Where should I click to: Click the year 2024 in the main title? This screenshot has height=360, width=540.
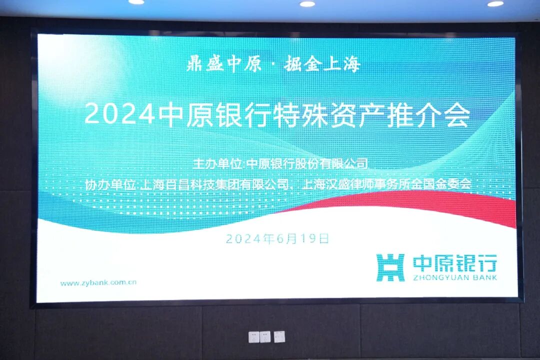coord(119,115)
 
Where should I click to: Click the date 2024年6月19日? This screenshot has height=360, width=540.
coord(277,238)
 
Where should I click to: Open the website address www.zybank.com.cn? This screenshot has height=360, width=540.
coord(98,282)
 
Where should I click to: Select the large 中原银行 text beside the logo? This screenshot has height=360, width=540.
coord(454,263)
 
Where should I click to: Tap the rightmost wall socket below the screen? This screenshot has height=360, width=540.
coord(279,337)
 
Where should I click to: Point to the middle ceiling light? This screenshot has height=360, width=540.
coord(307,3)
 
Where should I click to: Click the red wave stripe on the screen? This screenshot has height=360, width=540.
coord(425,202)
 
